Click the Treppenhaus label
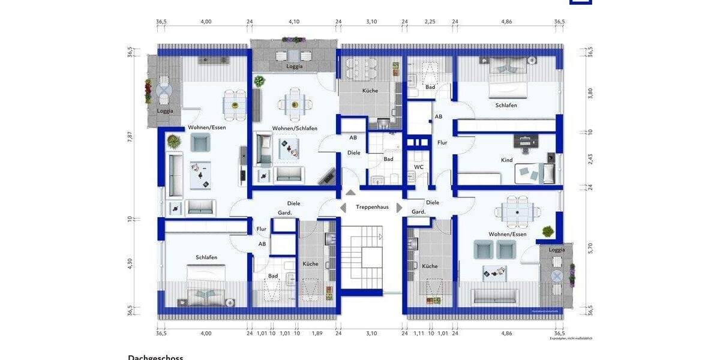tap(372, 207)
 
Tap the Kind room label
tap(507, 160)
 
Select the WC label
tap(419, 167)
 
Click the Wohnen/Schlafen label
tap(295, 128)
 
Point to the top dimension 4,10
tap(293, 22)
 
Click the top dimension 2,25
tap(430, 22)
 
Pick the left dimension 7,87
tap(130, 136)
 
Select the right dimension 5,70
tap(590, 248)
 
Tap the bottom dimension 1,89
tap(317, 334)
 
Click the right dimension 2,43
tap(590, 158)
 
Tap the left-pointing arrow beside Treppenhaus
tap(343, 208)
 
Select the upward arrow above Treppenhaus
tap(350, 193)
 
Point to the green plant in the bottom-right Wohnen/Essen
tap(547, 230)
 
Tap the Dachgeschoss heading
tap(155, 357)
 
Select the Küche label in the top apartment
tap(370, 91)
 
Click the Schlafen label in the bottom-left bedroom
tap(206, 257)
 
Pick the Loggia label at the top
tap(294, 67)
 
